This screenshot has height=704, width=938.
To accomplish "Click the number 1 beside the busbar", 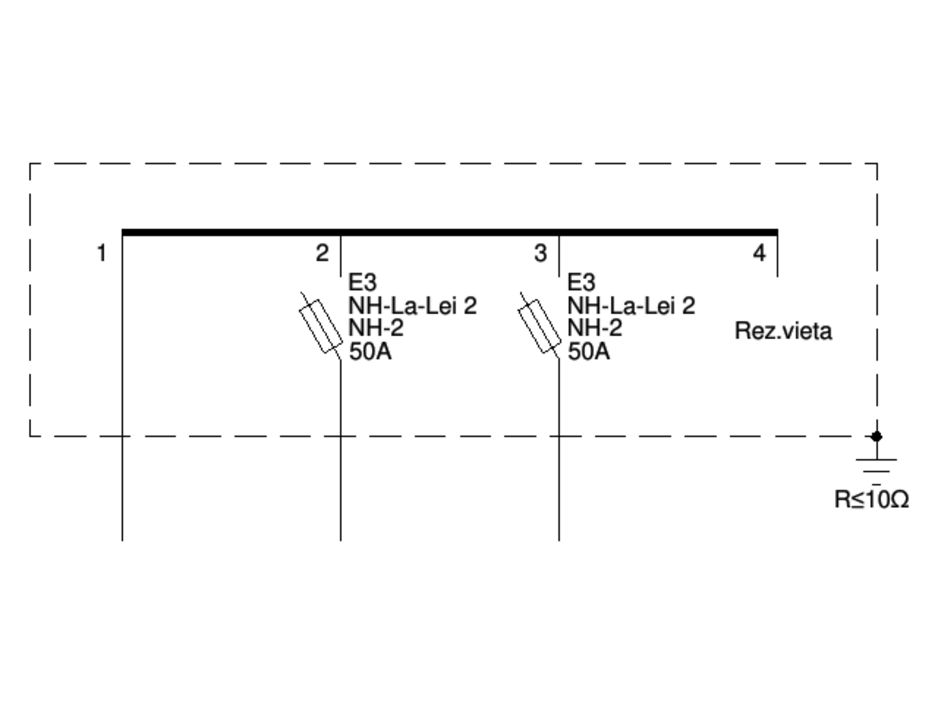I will click(101, 252).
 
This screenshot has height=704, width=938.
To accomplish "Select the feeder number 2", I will click(322, 252).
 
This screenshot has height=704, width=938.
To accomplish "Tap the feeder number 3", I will click(540, 252).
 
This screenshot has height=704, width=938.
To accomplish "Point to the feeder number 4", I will click(759, 252).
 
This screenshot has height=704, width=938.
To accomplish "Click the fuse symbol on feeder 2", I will click(321, 326).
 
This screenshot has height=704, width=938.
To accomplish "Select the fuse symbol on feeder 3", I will click(539, 326).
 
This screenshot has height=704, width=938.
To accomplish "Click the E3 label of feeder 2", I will click(362, 282).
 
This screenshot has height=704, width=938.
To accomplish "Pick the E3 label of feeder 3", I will click(581, 282).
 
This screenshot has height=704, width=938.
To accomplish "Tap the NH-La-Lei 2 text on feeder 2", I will click(412, 306).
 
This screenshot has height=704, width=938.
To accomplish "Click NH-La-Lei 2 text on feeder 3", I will click(631, 306).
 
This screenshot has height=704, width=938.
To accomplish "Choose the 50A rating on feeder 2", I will click(370, 352).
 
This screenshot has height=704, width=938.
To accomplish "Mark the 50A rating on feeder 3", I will click(589, 352).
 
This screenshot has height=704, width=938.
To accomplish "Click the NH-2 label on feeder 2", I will click(376, 329).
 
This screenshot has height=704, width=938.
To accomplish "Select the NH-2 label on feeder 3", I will click(594, 329).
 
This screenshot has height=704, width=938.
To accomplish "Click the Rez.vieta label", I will click(783, 331).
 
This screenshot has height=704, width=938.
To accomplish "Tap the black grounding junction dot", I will click(876, 436).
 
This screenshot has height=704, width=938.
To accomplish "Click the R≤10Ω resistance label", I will click(871, 499).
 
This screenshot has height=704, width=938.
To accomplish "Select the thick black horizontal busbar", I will click(449, 232).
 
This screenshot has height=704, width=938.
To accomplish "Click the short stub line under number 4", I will click(777, 257).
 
